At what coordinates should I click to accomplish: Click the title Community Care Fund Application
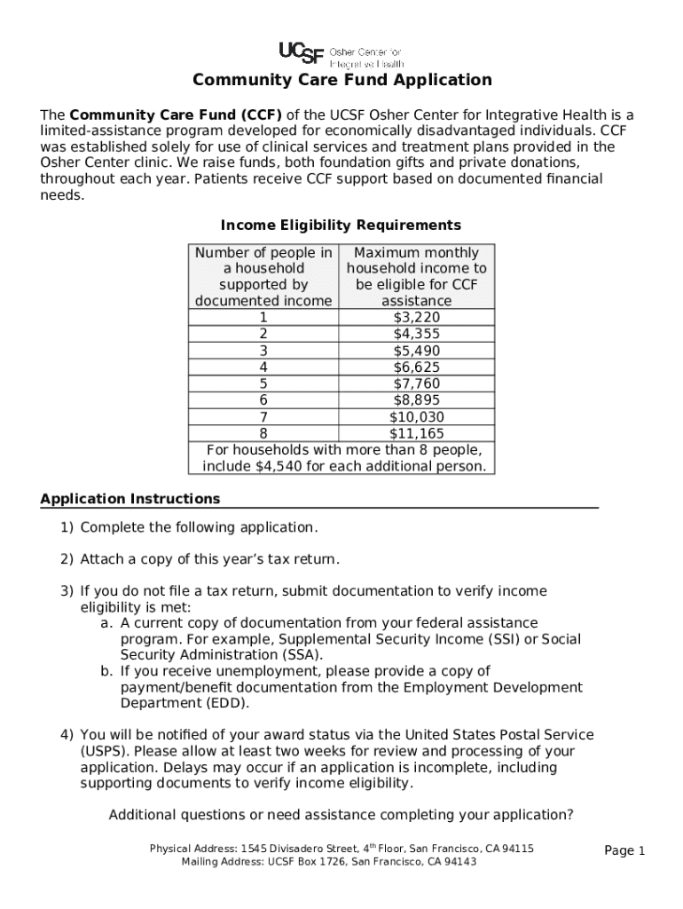(342, 81)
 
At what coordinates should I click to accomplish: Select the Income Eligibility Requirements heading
(341, 225)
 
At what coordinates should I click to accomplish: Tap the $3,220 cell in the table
(416, 318)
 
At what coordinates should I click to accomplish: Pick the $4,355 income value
(416, 334)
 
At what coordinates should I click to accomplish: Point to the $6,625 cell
(416, 367)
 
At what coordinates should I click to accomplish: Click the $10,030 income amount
(416, 417)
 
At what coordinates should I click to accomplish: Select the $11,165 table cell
(416, 433)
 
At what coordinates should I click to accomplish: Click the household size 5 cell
(263, 383)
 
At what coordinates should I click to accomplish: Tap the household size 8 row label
(263, 433)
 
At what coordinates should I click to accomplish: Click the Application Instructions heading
(130, 499)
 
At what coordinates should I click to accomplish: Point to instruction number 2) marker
(67, 559)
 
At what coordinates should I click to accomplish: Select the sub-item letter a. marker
(106, 623)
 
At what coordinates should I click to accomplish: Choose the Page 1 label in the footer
(624, 851)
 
